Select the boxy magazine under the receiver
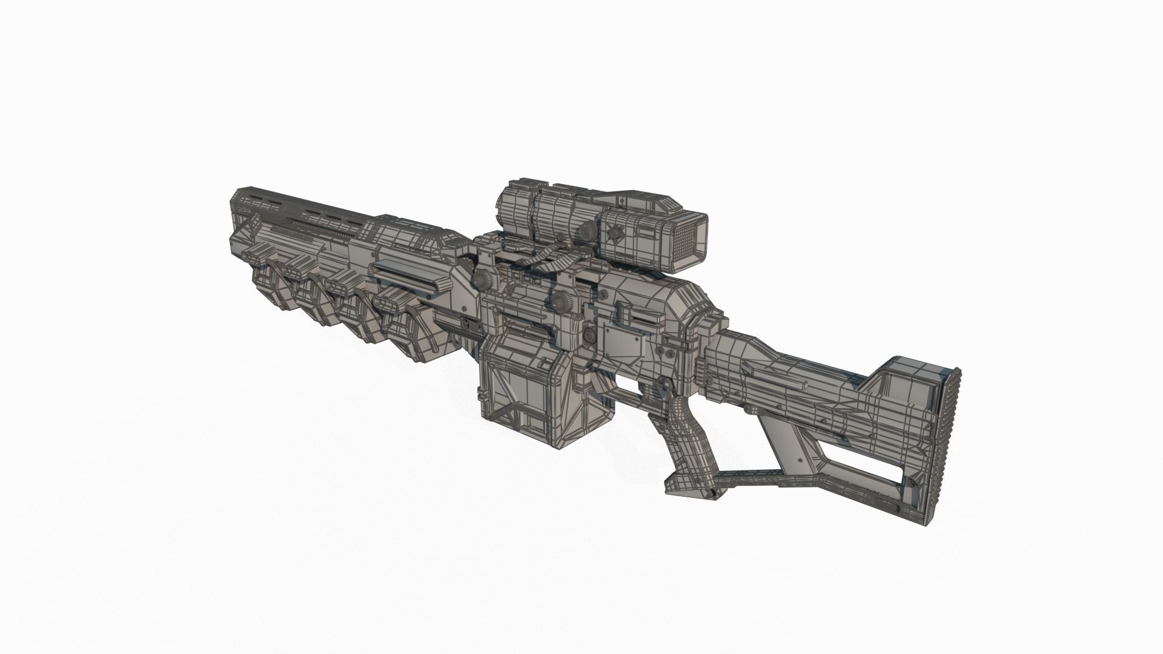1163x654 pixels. point(527,400)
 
